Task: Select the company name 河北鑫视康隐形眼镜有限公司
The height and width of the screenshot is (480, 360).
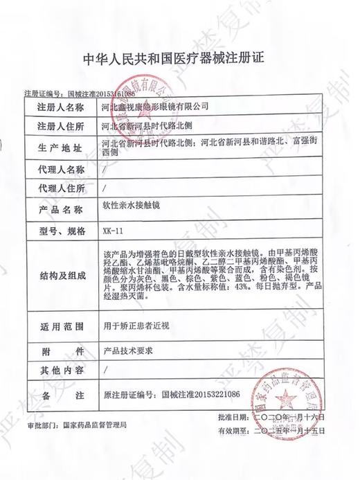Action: pyautogui.click(x=154, y=107)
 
